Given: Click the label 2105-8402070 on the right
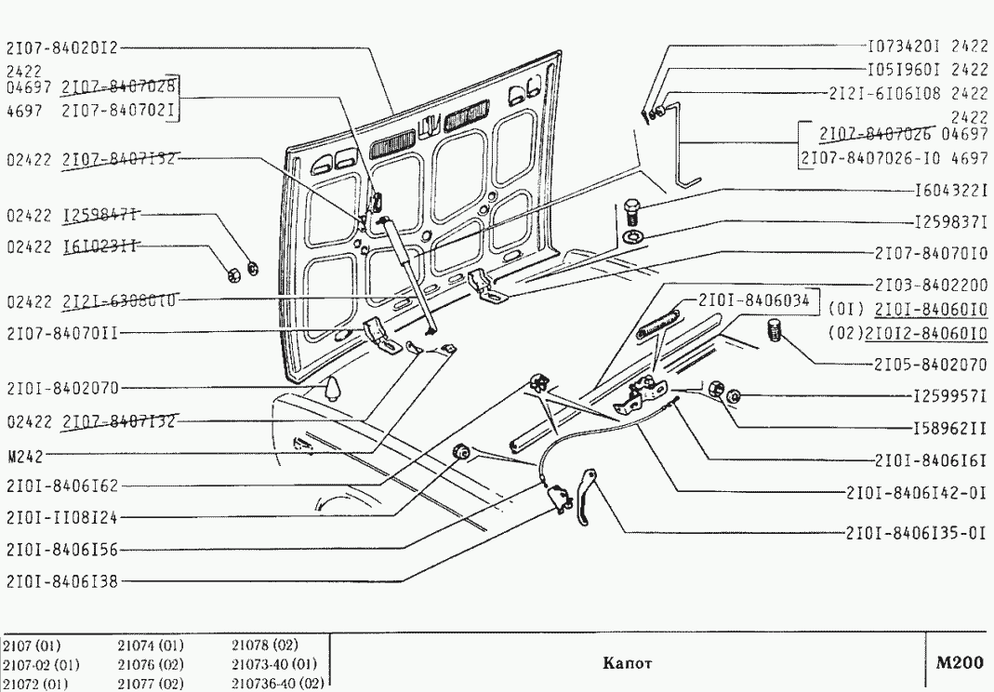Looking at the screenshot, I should (931, 364).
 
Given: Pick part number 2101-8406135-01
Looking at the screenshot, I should (916, 535).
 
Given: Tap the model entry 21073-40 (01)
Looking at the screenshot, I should (274, 664).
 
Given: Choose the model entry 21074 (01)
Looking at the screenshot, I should (151, 646).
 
